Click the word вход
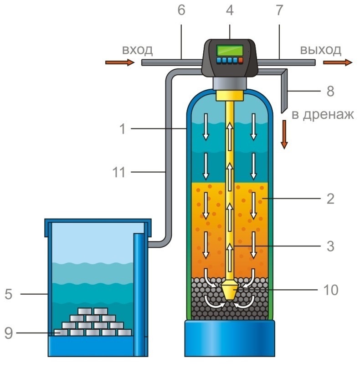[136, 50]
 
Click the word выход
[320, 50]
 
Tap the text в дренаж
[322, 114]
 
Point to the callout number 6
[181, 10]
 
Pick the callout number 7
[278, 10]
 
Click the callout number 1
[122, 129]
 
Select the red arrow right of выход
[338, 62]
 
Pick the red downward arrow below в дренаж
[284, 134]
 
